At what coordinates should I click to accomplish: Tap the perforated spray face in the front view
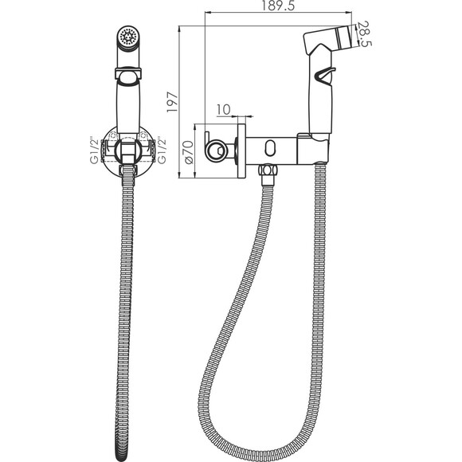coord(127,36)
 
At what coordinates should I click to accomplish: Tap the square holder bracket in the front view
coord(127,150)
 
